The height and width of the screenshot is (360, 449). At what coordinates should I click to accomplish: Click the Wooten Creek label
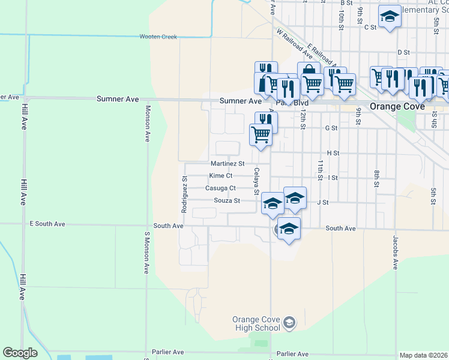coord(158,37)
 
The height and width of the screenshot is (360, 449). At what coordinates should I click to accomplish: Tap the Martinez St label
coord(228,164)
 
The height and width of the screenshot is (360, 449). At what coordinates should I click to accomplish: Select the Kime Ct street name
coord(220,176)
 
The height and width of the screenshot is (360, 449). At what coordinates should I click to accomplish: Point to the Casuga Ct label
coord(220,188)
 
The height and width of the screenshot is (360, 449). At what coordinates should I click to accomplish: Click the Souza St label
coord(227,200)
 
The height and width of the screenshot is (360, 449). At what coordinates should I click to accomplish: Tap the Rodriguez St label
coord(185,196)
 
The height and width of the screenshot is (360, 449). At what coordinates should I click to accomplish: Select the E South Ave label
coord(47,224)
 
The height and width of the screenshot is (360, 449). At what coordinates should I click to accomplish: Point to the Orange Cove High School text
coord(256,323)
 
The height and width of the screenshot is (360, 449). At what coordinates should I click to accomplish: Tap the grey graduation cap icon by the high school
coord(289,323)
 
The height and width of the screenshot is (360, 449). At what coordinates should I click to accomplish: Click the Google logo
coord(20,353)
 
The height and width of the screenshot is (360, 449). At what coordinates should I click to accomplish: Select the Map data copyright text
coord(423,355)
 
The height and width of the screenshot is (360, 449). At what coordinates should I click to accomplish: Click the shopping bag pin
coord(309,72)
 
